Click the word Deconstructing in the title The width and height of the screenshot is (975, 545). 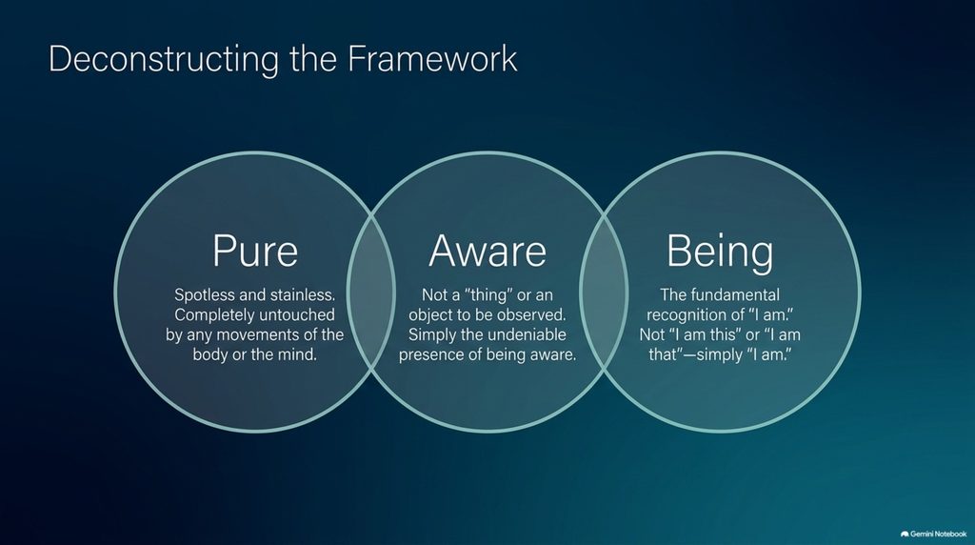point(164,60)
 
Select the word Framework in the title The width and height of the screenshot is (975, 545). point(432,58)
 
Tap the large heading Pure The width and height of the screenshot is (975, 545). point(255,252)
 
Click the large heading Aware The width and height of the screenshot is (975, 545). point(487,252)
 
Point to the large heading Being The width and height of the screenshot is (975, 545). point(720,252)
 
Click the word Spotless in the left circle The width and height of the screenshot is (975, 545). point(204,295)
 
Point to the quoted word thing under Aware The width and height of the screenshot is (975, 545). point(487,295)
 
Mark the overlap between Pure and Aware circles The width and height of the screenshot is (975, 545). point(371,292)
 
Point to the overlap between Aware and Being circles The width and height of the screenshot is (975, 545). point(604,292)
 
